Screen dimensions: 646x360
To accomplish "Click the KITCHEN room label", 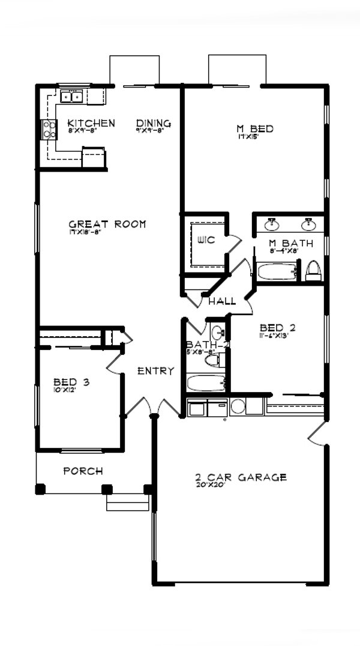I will pyautogui.click(x=91, y=123).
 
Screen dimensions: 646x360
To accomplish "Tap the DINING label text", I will pyautogui.click(x=153, y=123).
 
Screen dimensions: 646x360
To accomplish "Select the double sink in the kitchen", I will pyautogui.click(x=71, y=95).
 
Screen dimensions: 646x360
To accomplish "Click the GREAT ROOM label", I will pyautogui.click(x=107, y=224).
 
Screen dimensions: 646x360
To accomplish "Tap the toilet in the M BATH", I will pyautogui.click(x=313, y=272).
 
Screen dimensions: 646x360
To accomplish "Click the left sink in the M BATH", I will pyautogui.click(x=272, y=224).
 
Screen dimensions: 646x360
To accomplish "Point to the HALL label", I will pyautogui.click(x=221, y=300).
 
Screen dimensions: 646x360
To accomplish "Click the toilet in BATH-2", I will pyautogui.click(x=214, y=360).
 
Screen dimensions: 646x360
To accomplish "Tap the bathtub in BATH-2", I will pyautogui.click(x=206, y=382).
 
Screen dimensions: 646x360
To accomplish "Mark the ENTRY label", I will pyautogui.click(x=155, y=371).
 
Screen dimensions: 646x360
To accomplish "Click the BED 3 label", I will pyautogui.click(x=71, y=381).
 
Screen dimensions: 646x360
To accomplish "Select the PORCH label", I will pyautogui.click(x=83, y=471).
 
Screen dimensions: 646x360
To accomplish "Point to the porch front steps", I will pyautogui.click(x=127, y=502).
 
